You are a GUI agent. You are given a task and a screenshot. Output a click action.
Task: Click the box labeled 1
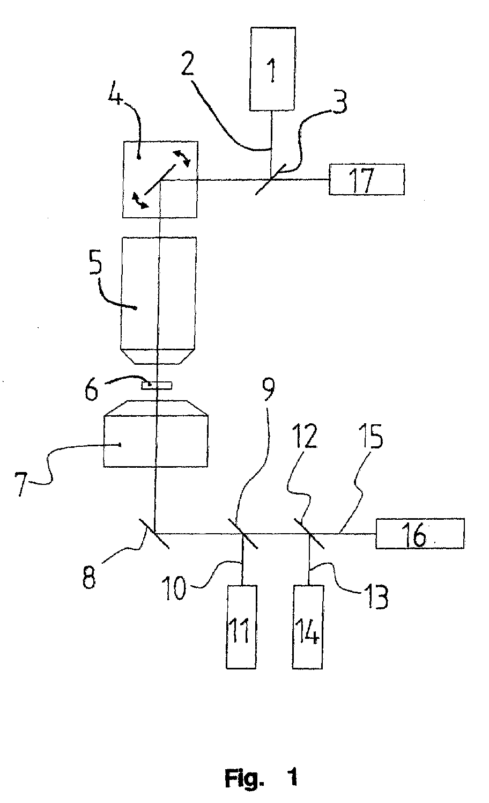tap(273, 69)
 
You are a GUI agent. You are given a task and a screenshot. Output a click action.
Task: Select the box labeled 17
tap(367, 179)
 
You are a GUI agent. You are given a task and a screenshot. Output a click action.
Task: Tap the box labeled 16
tap(420, 533)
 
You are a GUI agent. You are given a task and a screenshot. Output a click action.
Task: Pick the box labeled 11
tap(242, 627)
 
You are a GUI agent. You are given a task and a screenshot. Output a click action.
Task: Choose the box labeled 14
tap(308, 627)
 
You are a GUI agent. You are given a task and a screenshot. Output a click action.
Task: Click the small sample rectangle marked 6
tap(157, 386)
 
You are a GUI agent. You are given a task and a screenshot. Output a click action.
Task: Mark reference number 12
tap(306, 436)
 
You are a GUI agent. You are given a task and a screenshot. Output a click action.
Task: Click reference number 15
tap(372, 436)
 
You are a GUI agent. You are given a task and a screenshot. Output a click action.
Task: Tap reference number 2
tap(188, 63)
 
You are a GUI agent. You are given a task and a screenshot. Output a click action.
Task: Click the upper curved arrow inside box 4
tap(182, 158)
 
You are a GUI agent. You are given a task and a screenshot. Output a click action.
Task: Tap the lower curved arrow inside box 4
tap(140, 201)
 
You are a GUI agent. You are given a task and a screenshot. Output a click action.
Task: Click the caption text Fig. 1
tap(261, 778)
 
